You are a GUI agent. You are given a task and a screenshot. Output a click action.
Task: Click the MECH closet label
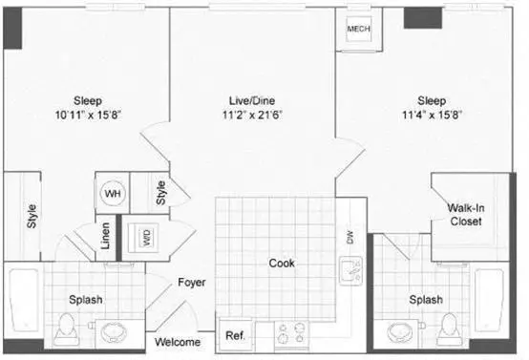[359, 29]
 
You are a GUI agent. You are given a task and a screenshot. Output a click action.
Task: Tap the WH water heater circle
[113, 193]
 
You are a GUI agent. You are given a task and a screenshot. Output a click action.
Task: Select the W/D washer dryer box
[147, 238]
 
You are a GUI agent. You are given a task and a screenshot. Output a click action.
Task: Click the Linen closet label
[106, 236]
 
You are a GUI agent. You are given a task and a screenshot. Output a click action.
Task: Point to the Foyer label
[192, 282]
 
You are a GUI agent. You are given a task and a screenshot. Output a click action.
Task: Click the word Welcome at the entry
[178, 342]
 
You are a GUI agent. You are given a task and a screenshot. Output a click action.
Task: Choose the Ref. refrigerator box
[235, 335]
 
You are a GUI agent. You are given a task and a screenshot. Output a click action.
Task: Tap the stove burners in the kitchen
[291, 333]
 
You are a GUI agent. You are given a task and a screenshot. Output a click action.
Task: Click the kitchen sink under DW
[351, 271]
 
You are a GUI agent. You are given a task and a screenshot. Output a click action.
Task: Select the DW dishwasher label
[349, 238]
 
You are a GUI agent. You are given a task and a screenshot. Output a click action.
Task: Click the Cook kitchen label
[282, 264]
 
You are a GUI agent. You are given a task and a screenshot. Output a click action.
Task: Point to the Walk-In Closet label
[466, 215]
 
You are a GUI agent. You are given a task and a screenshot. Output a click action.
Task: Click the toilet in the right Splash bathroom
[450, 328]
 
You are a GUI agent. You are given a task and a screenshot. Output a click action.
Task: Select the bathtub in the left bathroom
[24, 300]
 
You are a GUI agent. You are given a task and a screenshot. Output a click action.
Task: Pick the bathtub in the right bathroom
[489, 300]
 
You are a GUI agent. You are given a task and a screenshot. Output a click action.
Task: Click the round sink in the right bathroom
[400, 332]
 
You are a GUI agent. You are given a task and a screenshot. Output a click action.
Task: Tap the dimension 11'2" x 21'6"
[252, 115]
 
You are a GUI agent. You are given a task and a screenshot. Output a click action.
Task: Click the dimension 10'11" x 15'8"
[88, 115]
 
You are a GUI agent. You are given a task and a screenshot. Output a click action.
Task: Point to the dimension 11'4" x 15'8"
[432, 115]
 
